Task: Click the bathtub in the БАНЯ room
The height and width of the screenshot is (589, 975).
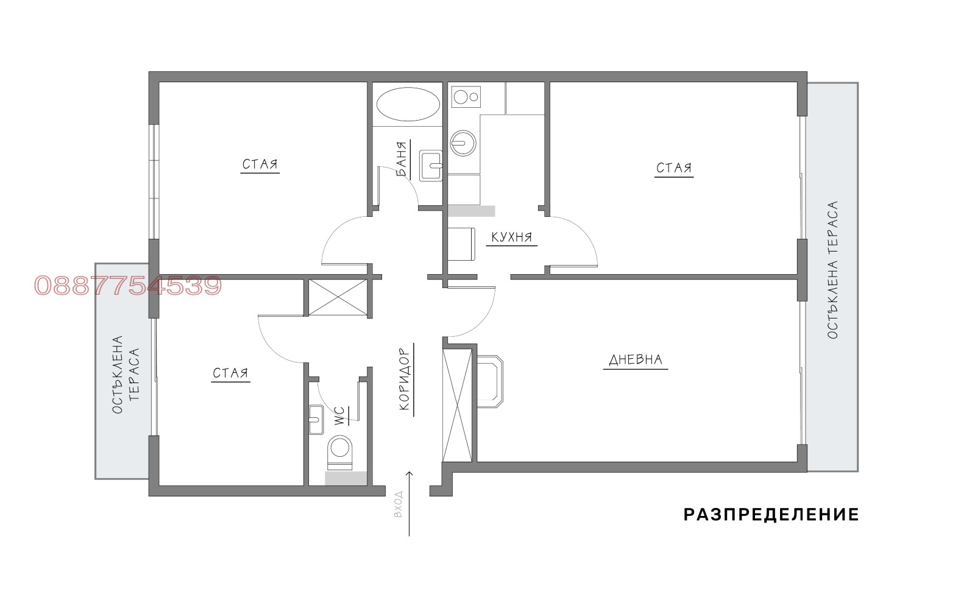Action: click(408, 105)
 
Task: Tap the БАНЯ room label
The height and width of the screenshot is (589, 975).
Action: click(402, 160)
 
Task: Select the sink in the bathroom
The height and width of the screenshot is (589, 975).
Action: click(431, 166)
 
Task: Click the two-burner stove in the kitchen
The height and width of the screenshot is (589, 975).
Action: click(466, 97)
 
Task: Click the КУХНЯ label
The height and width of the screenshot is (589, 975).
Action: click(512, 238)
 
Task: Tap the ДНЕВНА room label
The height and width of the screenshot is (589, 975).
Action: click(636, 360)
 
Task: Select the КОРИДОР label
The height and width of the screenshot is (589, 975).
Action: click(405, 379)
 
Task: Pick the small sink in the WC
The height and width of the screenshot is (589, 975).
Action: click(316, 419)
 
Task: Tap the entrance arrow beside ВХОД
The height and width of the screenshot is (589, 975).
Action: click(409, 503)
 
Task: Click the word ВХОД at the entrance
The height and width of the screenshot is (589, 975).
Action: click(399, 504)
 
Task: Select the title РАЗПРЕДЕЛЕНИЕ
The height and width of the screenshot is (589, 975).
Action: click(771, 515)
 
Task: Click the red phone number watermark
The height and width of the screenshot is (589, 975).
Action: click(128, 286)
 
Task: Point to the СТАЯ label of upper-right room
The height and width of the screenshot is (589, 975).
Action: click(674, 168)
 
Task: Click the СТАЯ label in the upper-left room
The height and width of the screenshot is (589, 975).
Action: click(260, 164)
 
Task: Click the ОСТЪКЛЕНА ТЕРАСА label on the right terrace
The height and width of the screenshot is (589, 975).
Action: click(832, 270)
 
